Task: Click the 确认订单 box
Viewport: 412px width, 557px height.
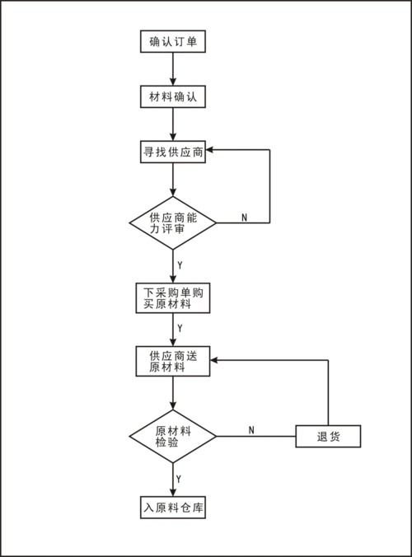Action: pos(172,41)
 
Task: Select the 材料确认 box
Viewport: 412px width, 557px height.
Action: pos(172,96)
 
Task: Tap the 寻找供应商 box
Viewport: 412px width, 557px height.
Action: pos(172,152)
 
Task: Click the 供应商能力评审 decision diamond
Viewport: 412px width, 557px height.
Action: pos(172,222)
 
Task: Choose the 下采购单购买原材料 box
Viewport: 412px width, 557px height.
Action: pos(172,298)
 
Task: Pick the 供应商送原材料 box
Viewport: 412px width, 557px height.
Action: pos(172,361)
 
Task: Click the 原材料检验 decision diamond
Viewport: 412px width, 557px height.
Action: pos(172,435)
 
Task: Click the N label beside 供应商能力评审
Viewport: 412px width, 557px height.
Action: pos(244,217)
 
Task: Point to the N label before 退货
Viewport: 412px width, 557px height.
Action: pos(251,429)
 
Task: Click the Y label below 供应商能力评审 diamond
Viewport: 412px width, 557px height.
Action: pos(180,265)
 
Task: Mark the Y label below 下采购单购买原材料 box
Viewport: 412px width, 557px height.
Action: pos(180,329)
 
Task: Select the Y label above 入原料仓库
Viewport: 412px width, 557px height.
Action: pos(180,478)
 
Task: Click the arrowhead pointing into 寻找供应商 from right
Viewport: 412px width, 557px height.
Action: pos(212,150)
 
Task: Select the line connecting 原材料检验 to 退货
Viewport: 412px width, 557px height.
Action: pos(255,435)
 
